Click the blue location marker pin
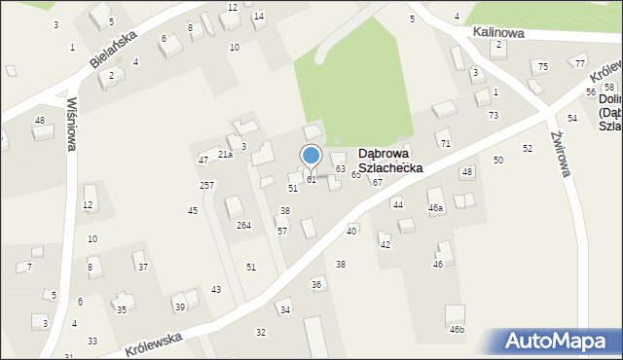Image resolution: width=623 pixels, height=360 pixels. pos(311,157)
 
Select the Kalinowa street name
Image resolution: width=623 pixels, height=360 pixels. pos(499,32)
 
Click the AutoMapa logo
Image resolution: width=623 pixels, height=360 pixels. pos(559,342)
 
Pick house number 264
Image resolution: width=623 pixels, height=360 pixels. pos(243,225)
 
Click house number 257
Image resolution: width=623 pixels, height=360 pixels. pos(206,185)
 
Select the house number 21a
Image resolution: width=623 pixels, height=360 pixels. pos(225,155)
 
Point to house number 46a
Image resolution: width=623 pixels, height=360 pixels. pos(436,208)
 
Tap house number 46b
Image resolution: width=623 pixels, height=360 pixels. pos(457,330)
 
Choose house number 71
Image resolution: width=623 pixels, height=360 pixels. pos(445,144)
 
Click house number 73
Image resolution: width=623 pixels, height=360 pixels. pos(494,116)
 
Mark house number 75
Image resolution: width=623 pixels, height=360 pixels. pos(543,66)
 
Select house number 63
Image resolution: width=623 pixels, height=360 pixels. pos(341,169)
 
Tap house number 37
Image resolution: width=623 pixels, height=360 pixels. pos(142,267)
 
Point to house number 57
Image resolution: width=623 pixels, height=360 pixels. pos(282,231)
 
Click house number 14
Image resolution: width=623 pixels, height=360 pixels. pos(258,17)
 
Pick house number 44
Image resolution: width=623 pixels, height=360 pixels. pos(397,204)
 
